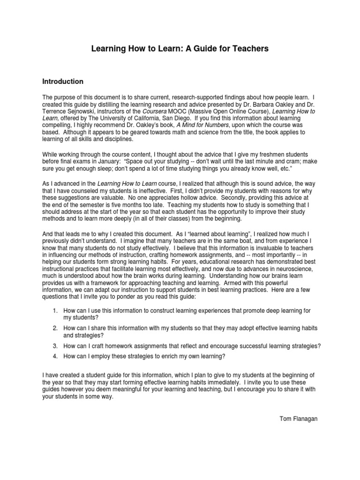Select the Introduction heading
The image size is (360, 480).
pyautogui.click(x=63, y=82)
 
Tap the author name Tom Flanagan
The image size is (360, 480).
pyautogui.click(x=298, y=419)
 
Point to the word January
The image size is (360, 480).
pyautogui.click(x=107, y=159)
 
